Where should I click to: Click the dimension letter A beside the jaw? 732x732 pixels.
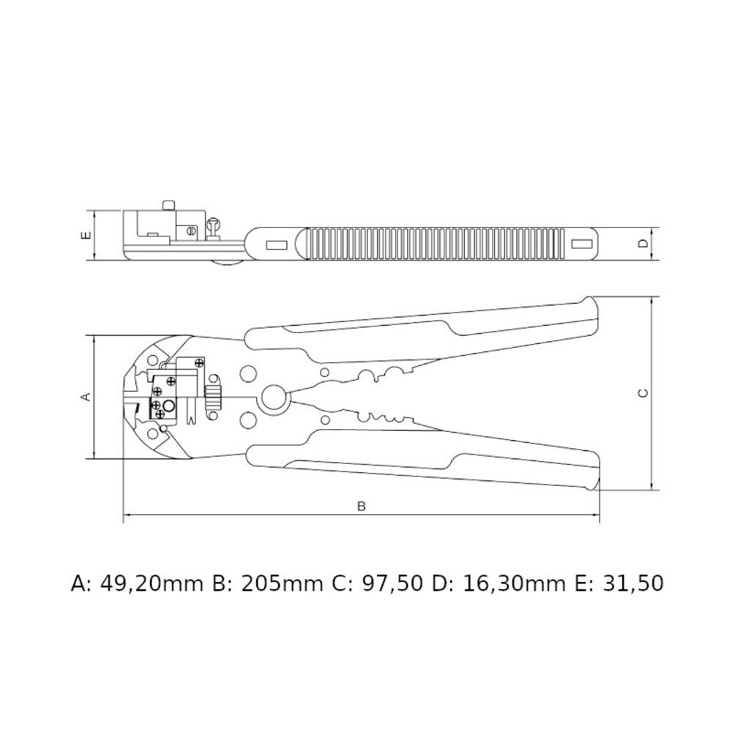pyautogui.click(x=86, y=397)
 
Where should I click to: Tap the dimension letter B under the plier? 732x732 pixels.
pyautogui.click(x=362, y=506)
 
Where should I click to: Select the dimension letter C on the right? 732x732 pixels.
pyautogui.click(x=643, y=393)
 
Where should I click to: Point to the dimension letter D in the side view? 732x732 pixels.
pyautogui.click(x=643, y=243)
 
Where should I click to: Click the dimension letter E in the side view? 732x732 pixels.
pyautogui.click(x=86, y=235)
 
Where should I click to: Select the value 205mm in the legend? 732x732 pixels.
pyautogui.click(x=282, y=584)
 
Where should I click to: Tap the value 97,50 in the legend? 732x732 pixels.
pyautogui.click(x=392, y=584)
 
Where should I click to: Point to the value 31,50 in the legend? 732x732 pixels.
pyautogui.click(x=633, y=584)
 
